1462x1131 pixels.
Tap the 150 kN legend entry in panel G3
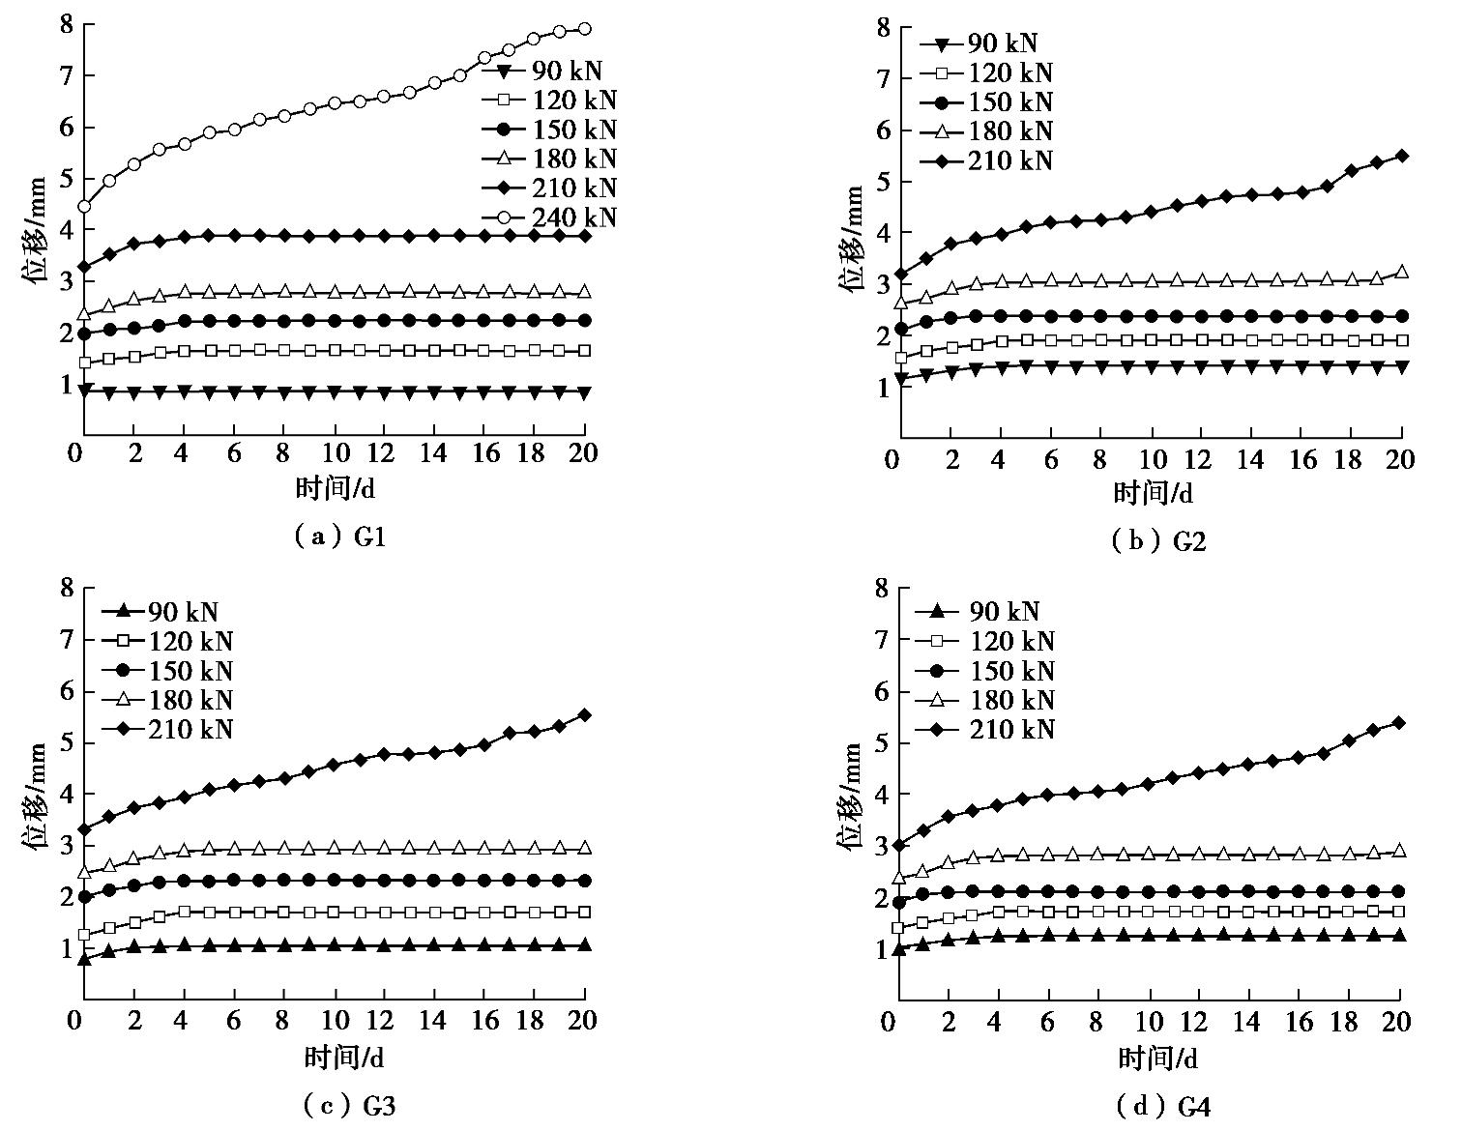tap(167, 671)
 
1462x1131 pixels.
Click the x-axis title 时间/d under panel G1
tap(335, 489)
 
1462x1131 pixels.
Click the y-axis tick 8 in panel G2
tap(881, 26)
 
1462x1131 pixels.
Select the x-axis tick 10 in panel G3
tap(334, 1020)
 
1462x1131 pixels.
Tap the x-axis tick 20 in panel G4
tap(1397, 1021)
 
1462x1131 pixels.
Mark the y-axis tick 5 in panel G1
tap(66, 179)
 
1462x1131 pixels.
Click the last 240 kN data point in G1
tap(584, 29)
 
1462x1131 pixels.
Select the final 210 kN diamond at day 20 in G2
tap(1402, 156)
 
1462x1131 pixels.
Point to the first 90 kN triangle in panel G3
tap(84, 959)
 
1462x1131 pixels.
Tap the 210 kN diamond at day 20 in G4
tap(1398, 723)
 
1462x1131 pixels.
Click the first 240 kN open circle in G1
tap(84, 207)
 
